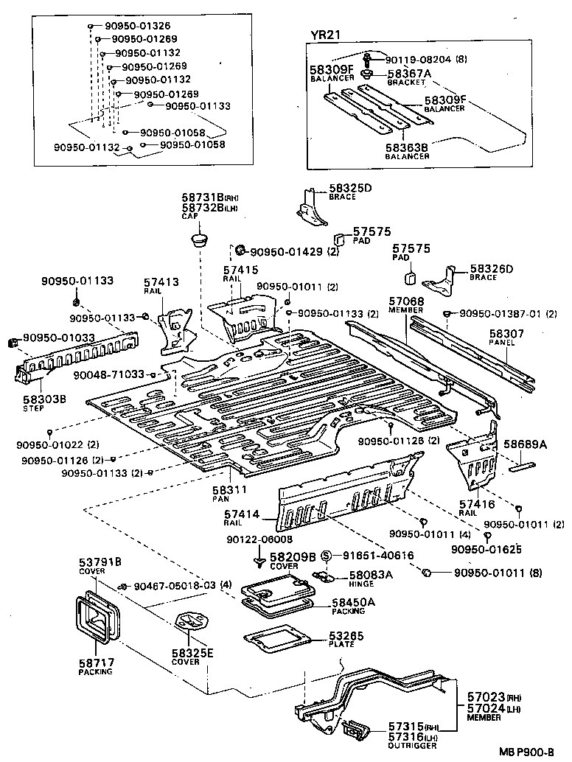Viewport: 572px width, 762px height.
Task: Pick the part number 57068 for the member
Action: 406,301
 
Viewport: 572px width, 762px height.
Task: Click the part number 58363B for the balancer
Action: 408,147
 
